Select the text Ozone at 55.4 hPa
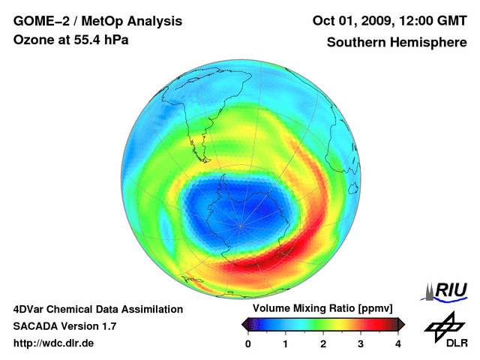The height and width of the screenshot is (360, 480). coord(71,40)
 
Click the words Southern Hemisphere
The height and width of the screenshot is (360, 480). coord(396,42)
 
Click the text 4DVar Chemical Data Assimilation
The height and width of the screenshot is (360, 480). coord(98,309)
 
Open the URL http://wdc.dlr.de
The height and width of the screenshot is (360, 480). coord(54,343)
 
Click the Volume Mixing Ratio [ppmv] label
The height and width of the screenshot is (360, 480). coord(322,309)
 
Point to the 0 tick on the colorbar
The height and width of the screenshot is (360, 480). coord(248,343)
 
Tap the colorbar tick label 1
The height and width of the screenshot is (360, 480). coord(286,343)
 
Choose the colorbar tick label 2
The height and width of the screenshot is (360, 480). coord(323,343)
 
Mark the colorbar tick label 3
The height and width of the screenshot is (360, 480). coord(361,343)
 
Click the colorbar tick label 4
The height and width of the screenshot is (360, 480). coord(398,343)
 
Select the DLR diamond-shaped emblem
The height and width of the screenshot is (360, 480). coord(444,325)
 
